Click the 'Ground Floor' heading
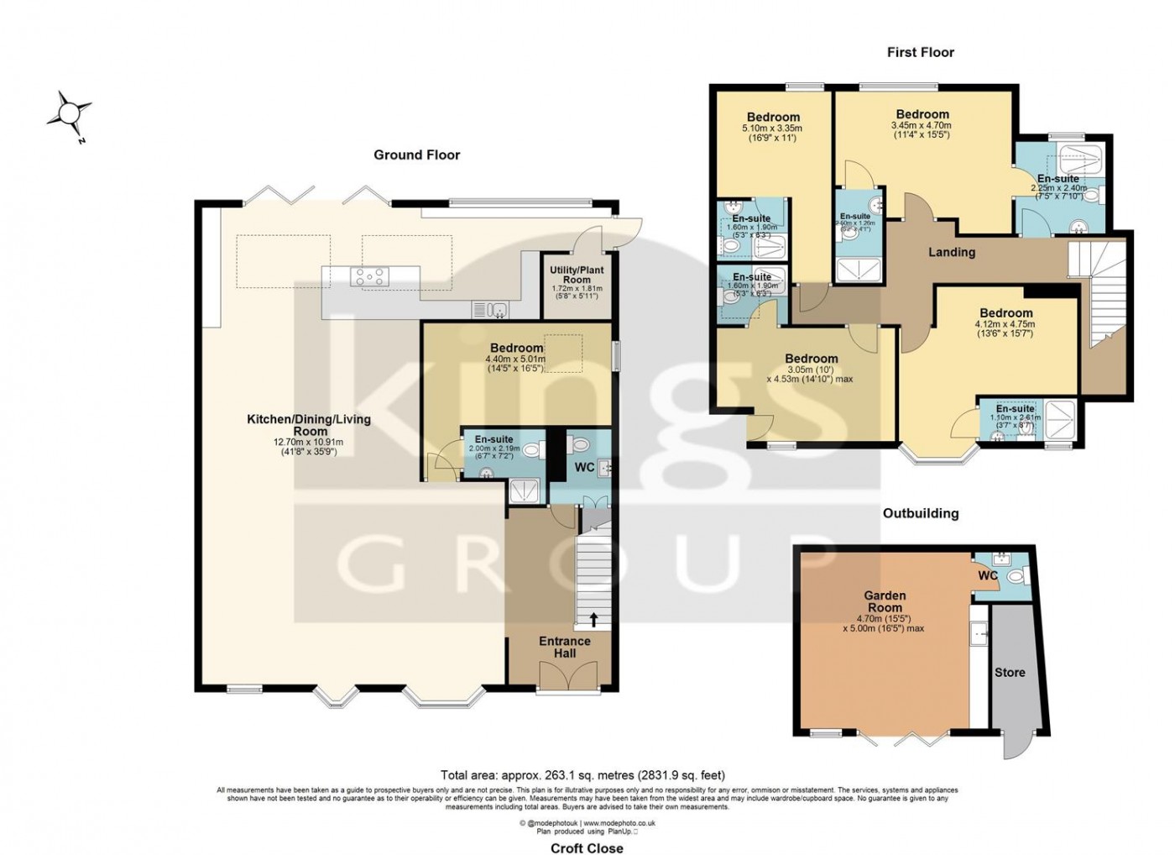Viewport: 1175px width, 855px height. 416,155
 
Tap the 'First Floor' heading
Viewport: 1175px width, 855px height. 920,52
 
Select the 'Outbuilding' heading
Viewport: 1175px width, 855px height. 920,513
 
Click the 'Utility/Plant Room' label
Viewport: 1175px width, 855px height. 577,275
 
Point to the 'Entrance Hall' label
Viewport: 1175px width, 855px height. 564,647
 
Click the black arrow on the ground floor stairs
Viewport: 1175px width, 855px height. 594,620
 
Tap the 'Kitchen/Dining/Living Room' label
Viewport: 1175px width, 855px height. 308,425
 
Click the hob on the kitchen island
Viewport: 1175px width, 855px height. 370,275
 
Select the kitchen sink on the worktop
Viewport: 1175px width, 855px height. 490,310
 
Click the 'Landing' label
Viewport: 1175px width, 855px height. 951,252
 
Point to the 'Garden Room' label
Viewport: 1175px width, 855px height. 885,601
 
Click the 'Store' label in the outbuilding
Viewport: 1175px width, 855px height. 1010,673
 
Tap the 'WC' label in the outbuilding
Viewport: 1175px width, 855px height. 988,576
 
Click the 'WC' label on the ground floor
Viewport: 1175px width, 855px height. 584,467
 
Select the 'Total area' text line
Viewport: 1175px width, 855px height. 582,775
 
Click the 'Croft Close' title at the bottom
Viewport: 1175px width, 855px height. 587,848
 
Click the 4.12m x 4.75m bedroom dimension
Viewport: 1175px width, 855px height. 1005,324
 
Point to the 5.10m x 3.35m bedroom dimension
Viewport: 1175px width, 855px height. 772,129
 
